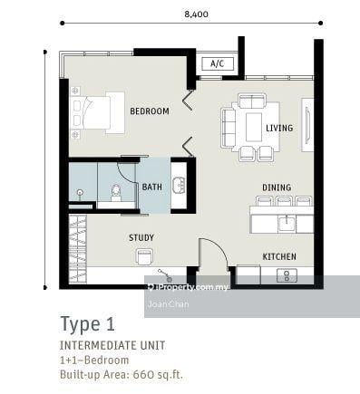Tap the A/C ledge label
[217, 64]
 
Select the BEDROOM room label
[149, 111]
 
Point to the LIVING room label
[279, 128]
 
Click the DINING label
[277, 187]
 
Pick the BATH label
[152, 187]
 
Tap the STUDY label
[141, 238]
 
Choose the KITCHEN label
[279, 256]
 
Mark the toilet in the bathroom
[116, 191]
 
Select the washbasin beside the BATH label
[179, 185]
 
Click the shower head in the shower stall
[80, 193]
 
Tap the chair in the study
[143, 257]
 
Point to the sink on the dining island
[286, 220]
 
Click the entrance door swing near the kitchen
[212, 253]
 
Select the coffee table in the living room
[253, 127]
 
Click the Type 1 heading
[88, 323]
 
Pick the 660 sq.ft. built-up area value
[159, 374]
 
